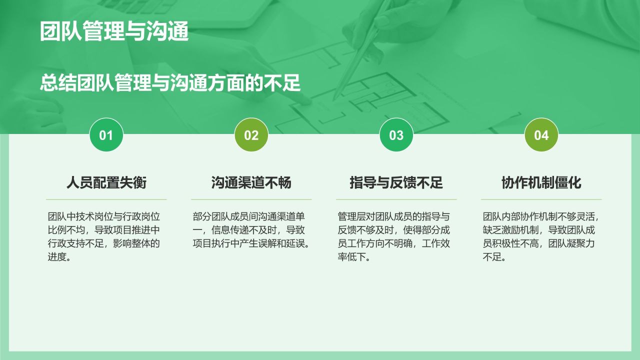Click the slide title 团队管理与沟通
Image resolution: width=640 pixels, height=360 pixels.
pos(114,31)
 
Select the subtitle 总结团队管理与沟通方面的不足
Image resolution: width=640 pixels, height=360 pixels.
pos(170,83)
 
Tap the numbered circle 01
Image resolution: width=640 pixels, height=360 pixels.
pos(106,135)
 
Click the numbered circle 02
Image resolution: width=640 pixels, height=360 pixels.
pos(251,135)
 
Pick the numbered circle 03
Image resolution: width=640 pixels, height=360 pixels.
pos(396,135)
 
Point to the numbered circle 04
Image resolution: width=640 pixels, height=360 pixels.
pos(541,135)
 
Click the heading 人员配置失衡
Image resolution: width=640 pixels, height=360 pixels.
pos(106,182)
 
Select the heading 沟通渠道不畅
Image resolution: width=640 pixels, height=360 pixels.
pos(251,182)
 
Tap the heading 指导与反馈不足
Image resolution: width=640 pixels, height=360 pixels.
pos(396,182)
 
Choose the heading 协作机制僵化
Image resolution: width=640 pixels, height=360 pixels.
pos(541,182)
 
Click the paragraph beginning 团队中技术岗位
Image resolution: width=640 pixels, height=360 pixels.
pos(104,237)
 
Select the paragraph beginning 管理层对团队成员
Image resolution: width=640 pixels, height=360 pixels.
pos(394,237)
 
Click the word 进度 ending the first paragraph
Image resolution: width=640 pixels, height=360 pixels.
pos(56,257)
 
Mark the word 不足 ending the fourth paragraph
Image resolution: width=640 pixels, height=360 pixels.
pos(492,257)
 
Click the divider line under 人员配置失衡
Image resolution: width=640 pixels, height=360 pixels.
pos(106,199)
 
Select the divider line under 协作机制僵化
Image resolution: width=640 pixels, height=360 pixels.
pos(541,199)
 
